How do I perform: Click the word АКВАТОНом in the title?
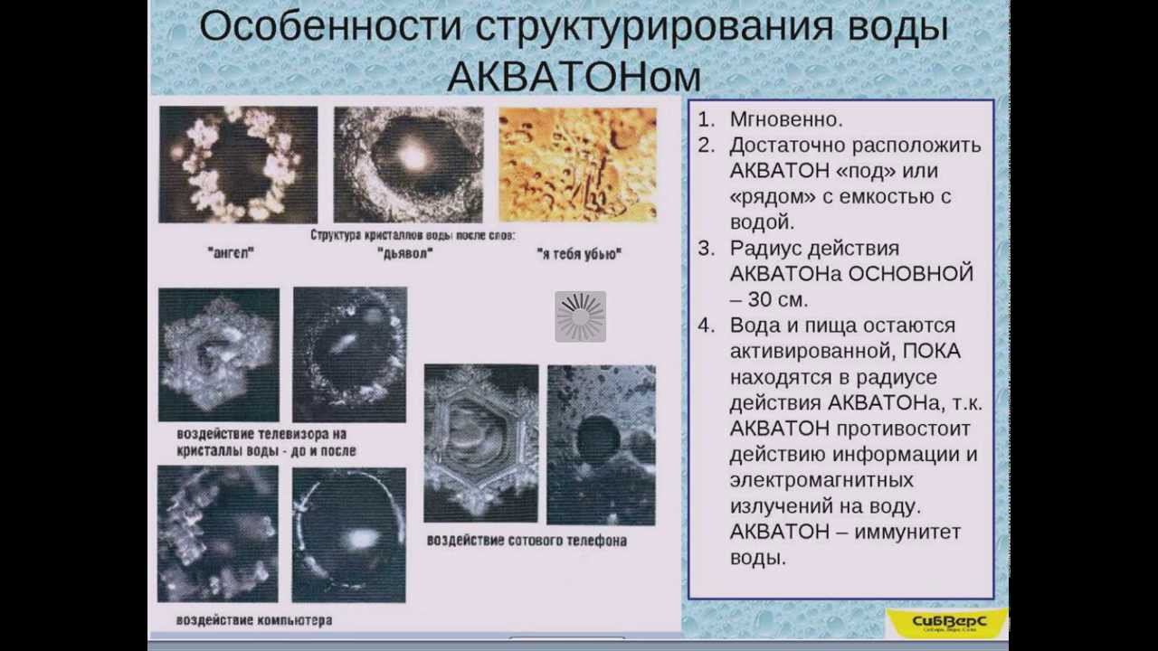pos(574,77)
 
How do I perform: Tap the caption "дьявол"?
pos(403,253)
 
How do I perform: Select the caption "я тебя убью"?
pos(578,254)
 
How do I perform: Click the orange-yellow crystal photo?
pos(577,165)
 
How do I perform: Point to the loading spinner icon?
pos(580,316)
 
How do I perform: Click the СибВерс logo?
pos(947,621)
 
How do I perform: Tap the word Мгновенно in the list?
pos(786,119)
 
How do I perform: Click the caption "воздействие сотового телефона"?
pos(527,541)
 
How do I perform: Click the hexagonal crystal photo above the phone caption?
pos(480,442)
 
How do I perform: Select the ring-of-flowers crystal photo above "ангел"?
pos(238,165)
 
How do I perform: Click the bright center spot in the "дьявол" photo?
pos(413,157)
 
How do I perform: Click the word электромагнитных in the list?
pos(821,480)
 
